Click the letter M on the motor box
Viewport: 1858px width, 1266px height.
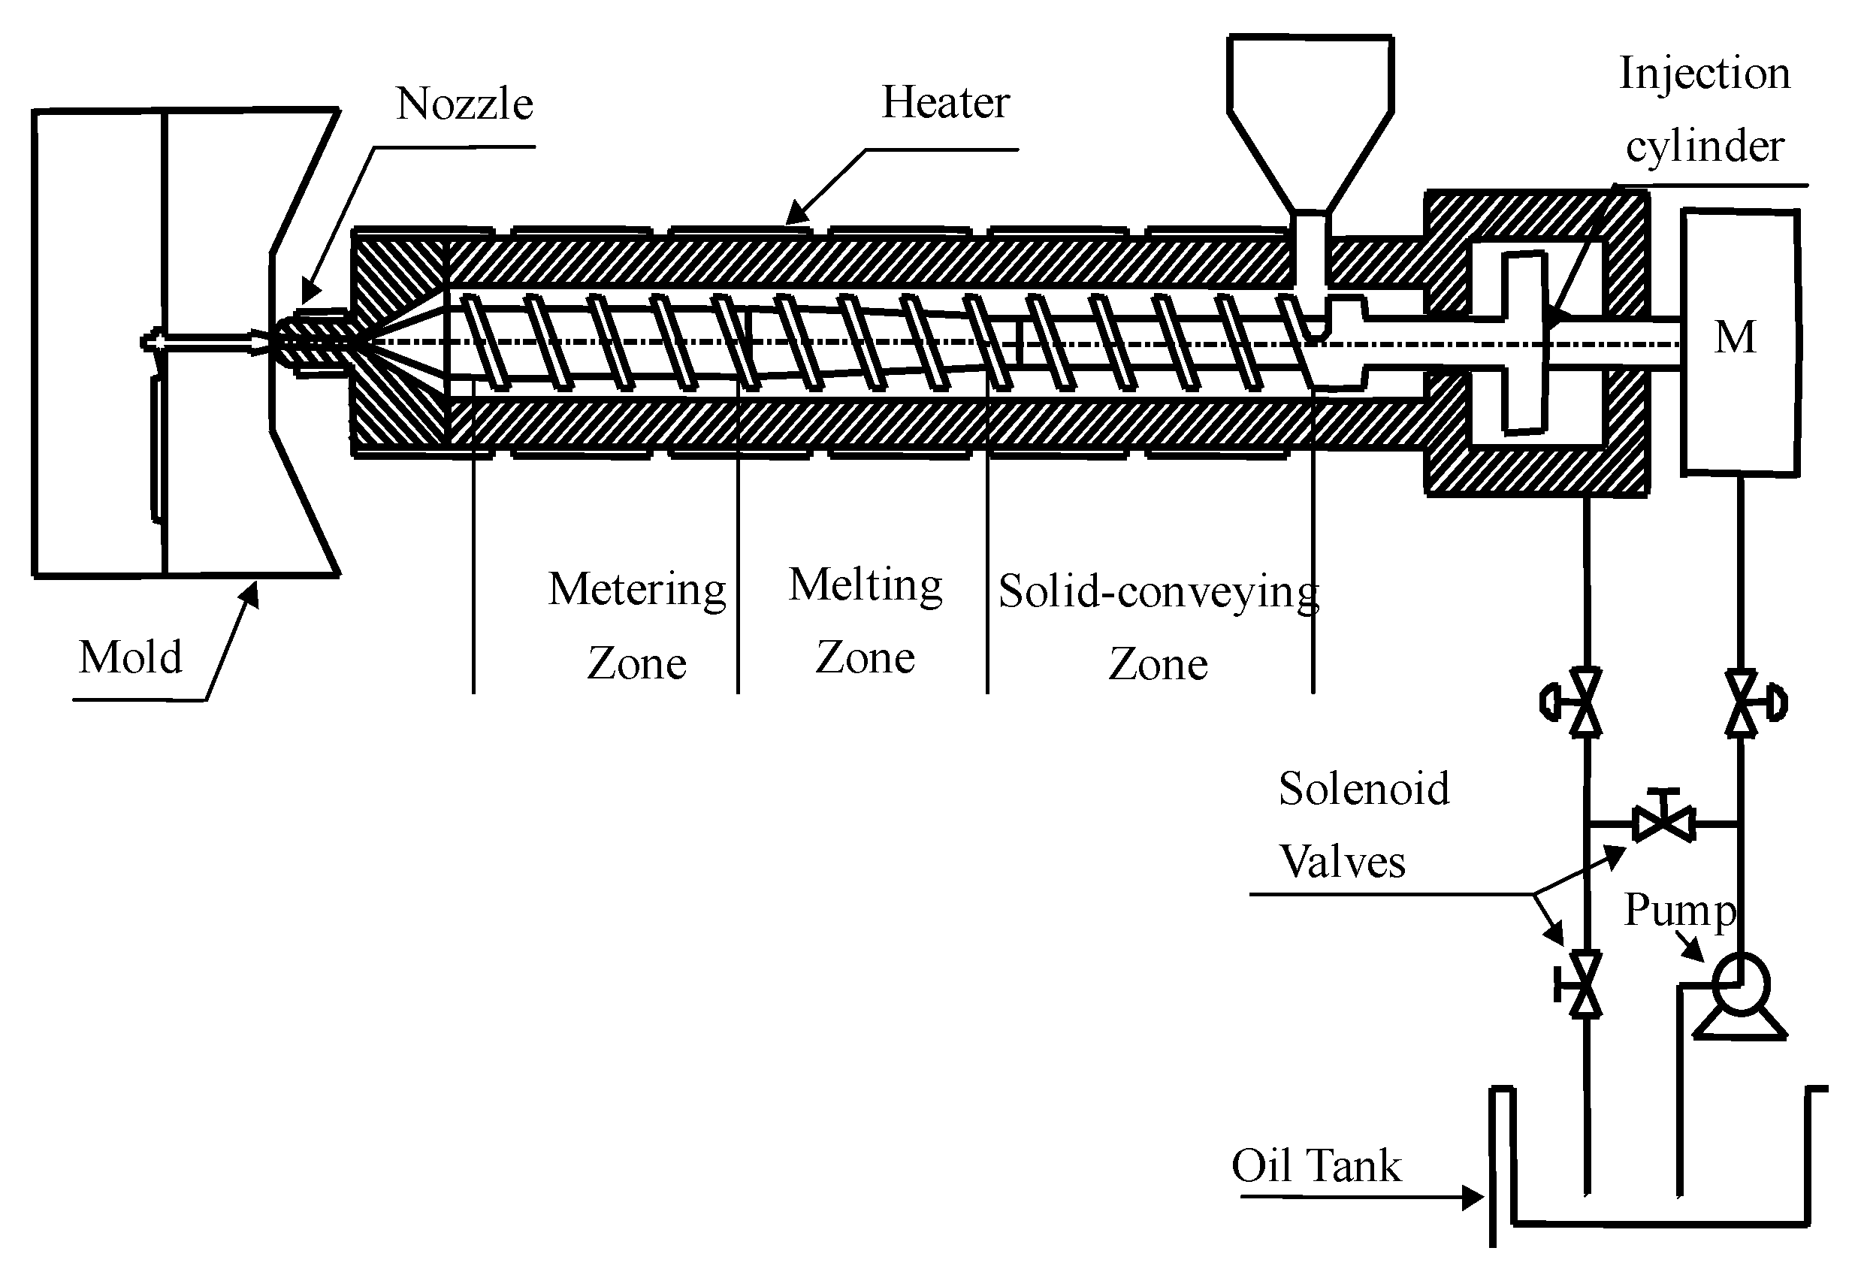click(x=1735, y=337)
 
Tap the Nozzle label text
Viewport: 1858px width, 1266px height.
click(x=464, y=104)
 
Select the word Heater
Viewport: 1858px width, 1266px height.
click(x=945, y=102)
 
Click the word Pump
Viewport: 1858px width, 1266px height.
click(x=1679, y=910)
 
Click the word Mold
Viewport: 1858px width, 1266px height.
click(x=130, y=657)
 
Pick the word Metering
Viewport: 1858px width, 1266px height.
click(x=637, y=589)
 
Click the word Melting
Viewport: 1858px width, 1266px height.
click(x=866, y=585)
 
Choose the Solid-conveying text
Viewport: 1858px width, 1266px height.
click(x=1158, y=593)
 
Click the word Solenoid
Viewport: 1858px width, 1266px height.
click(x=1364, y=789)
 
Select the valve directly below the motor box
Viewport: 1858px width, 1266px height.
click(x=1742, y=703)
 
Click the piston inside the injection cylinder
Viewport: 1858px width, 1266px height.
click(x=1523, y=343)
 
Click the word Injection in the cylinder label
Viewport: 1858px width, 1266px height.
click(x=1704, y=74)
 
